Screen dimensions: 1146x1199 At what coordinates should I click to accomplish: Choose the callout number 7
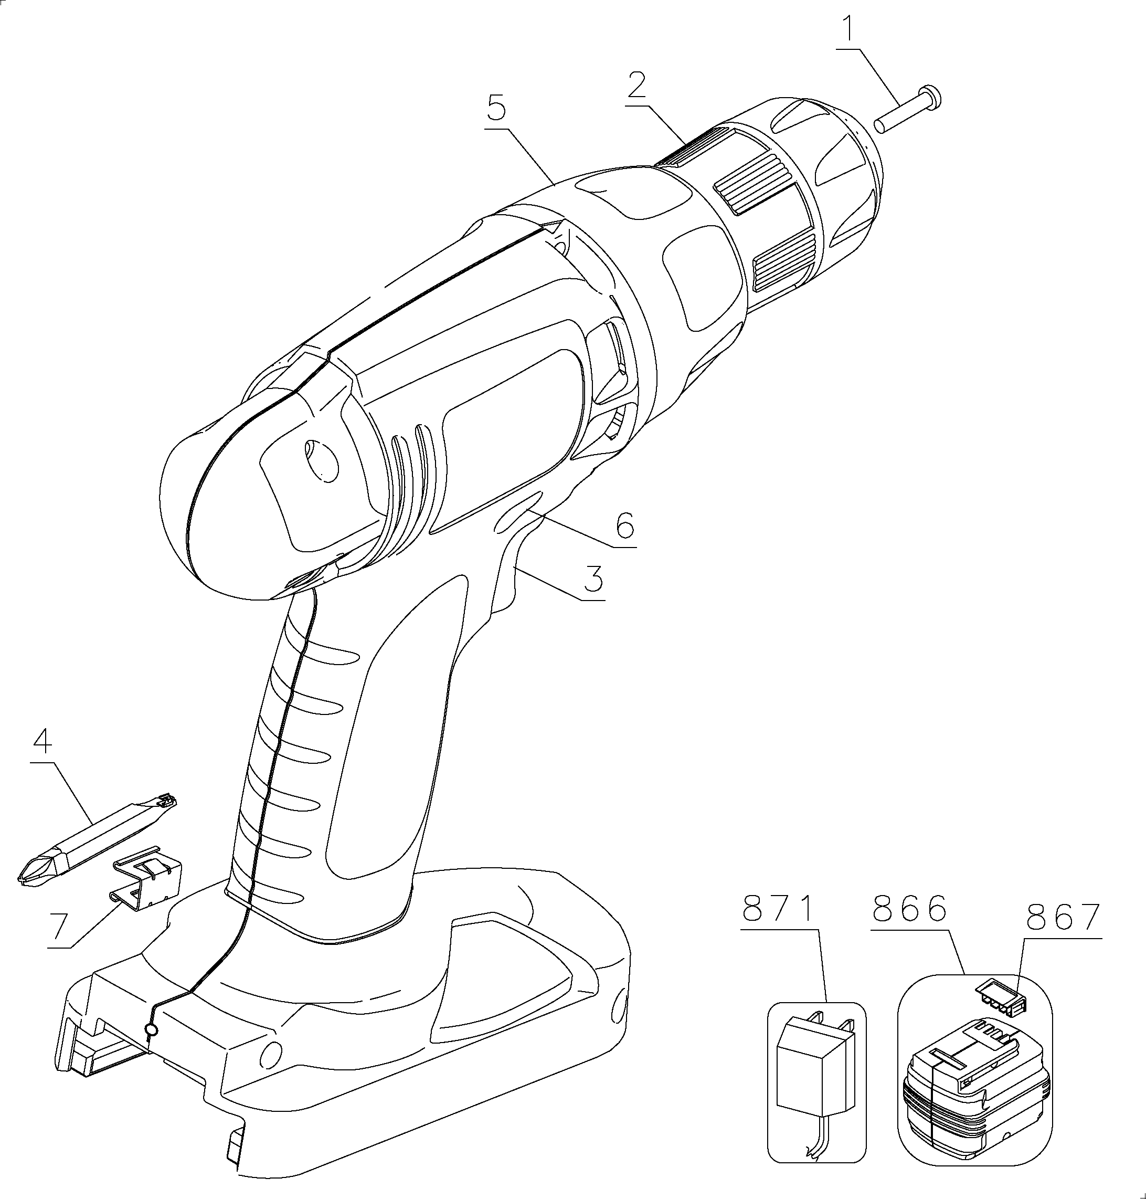(x=59, y=927)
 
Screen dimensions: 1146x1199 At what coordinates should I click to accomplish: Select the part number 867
(x=1064, y=917)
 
